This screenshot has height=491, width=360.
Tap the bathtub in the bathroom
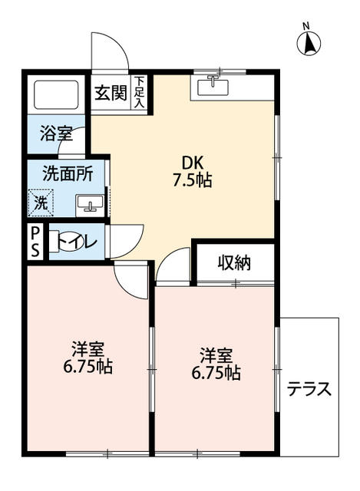coord(58,95)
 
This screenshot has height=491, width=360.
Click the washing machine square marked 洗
coord(42,203)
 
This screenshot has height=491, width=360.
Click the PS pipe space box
coord(36,242)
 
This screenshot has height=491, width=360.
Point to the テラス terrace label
coord(309,389)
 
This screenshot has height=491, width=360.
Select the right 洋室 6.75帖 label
coord(216,364)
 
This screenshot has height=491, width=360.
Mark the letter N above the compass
coord(306,26)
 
